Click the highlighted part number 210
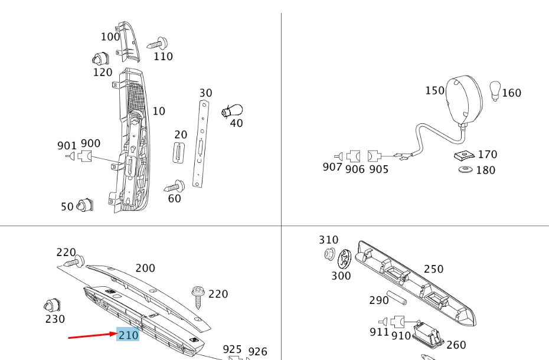pos(128,335)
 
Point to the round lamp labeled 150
pos(464,101)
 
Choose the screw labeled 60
pos(175,186)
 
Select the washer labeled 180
pos(466,170)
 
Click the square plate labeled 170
pos(465,155)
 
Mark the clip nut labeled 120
pos(99,59)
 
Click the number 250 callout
pos(433,269)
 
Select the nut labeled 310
pos(330,254)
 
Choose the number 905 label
pos(379,169)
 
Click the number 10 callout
pos(159,111)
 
